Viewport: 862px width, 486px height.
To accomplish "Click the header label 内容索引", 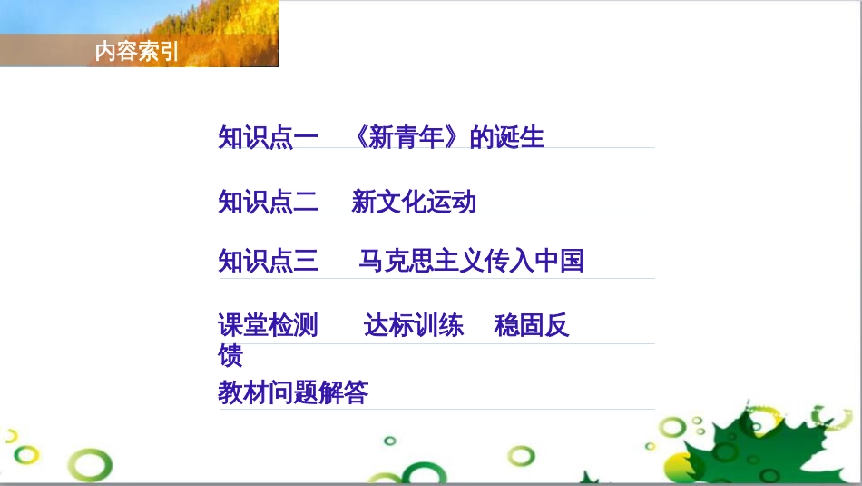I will point(136,52).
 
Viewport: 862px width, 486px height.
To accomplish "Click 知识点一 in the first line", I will point(268,137).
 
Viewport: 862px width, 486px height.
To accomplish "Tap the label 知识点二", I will point(268,201).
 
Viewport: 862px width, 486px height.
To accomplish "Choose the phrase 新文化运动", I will point(414,201).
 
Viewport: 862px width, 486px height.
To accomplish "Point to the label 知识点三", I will point(268,262).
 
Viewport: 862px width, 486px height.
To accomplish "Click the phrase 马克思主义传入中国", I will point(471,262).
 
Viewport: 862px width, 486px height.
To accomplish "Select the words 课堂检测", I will point(268,325).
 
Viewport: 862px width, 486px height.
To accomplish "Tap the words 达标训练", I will point(414,325).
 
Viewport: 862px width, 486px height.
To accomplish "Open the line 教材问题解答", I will point(293,393).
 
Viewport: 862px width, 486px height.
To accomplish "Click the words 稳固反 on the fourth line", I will point(532,325).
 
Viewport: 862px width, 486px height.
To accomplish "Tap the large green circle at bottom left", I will point(93,466).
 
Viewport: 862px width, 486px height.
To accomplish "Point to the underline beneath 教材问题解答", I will point(436,410).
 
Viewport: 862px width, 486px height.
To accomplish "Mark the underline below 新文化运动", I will point(436,214).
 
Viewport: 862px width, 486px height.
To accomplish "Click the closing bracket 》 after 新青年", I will point(459,137).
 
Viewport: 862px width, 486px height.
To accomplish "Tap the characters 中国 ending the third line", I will point(559,262).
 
